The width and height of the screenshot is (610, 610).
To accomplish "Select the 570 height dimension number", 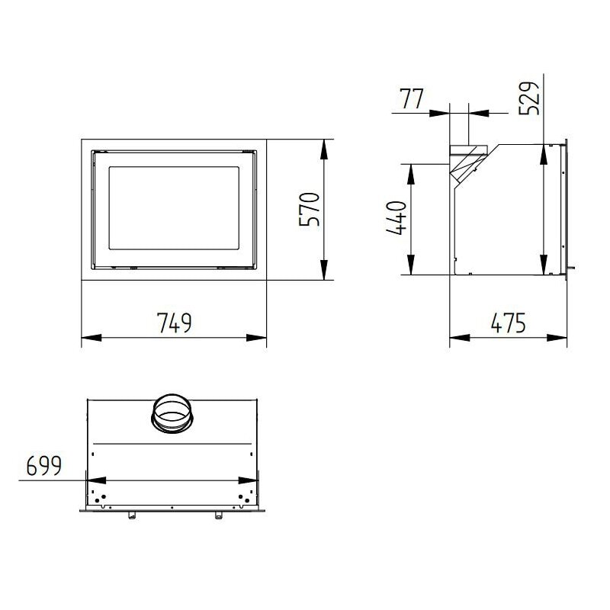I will click(x=310, y=210).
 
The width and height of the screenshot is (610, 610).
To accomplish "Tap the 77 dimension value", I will click(x=412, y=99).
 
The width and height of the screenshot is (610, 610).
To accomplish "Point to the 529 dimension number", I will click(x=531, y=98).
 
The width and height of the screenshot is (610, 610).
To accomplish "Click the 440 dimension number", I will click(x=396, y=219).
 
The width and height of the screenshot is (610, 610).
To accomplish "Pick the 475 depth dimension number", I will click(x=509, y=323).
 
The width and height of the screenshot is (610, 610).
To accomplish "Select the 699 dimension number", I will click(x=44, y=465).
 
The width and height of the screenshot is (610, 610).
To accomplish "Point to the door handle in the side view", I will click(x=571, y=268).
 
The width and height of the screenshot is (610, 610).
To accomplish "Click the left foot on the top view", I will click(x=130, y=516).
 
